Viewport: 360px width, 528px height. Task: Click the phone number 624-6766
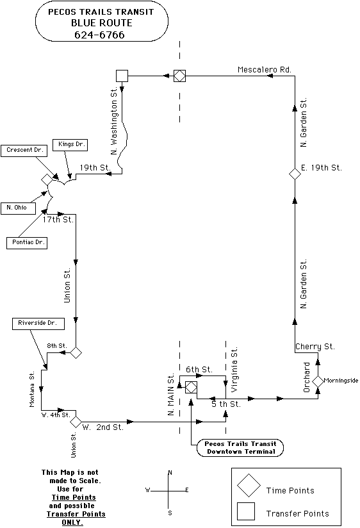coord(99,35)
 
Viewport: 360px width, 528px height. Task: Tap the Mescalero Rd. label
coord(265,70)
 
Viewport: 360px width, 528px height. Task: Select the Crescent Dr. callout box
coord(24,150)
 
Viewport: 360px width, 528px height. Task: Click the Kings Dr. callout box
coord(70,144)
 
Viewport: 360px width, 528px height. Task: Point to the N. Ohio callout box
coord(18,208)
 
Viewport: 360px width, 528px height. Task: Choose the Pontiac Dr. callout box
coord(27,242)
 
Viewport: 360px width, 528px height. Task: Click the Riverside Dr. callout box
coord(38,323)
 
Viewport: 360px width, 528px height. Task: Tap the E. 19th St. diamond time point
coord(295,174)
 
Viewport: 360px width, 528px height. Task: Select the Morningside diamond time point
coord(318,381)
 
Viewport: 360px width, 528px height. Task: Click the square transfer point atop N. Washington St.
coord(122,76)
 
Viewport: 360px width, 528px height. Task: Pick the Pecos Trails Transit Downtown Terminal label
coord(240,448)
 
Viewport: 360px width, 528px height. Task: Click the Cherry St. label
coord(315,347)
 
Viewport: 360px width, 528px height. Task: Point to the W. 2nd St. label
coord(103,427)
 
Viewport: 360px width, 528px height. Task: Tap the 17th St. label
coord(58,220)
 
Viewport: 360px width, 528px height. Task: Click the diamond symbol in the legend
coord(249,486)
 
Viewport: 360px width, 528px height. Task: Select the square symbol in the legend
coord(246,511)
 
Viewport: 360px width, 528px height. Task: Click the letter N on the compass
coord(170,473)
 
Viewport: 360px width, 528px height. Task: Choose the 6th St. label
coord(199,369)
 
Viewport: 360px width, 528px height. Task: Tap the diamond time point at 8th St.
coord(76,352)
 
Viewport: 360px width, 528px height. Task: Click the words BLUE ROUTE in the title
coord(102,23)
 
